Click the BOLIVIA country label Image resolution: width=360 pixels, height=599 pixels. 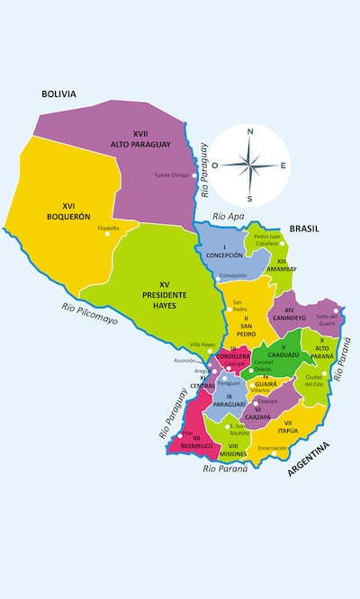(x=58, y=94)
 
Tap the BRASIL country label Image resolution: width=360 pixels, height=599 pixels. (x=305, y=230)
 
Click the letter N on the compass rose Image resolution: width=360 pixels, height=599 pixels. (x=250, y=131)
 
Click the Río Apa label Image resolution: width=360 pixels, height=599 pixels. (x=229, y=217)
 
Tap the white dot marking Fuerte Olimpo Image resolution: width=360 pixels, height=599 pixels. (x=194, y=175)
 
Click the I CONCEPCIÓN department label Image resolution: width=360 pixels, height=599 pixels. (x=224, y=251)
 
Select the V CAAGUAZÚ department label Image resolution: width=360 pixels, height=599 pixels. (x=283, y=351)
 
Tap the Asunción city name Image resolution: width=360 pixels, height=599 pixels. (x=184, y=360)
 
